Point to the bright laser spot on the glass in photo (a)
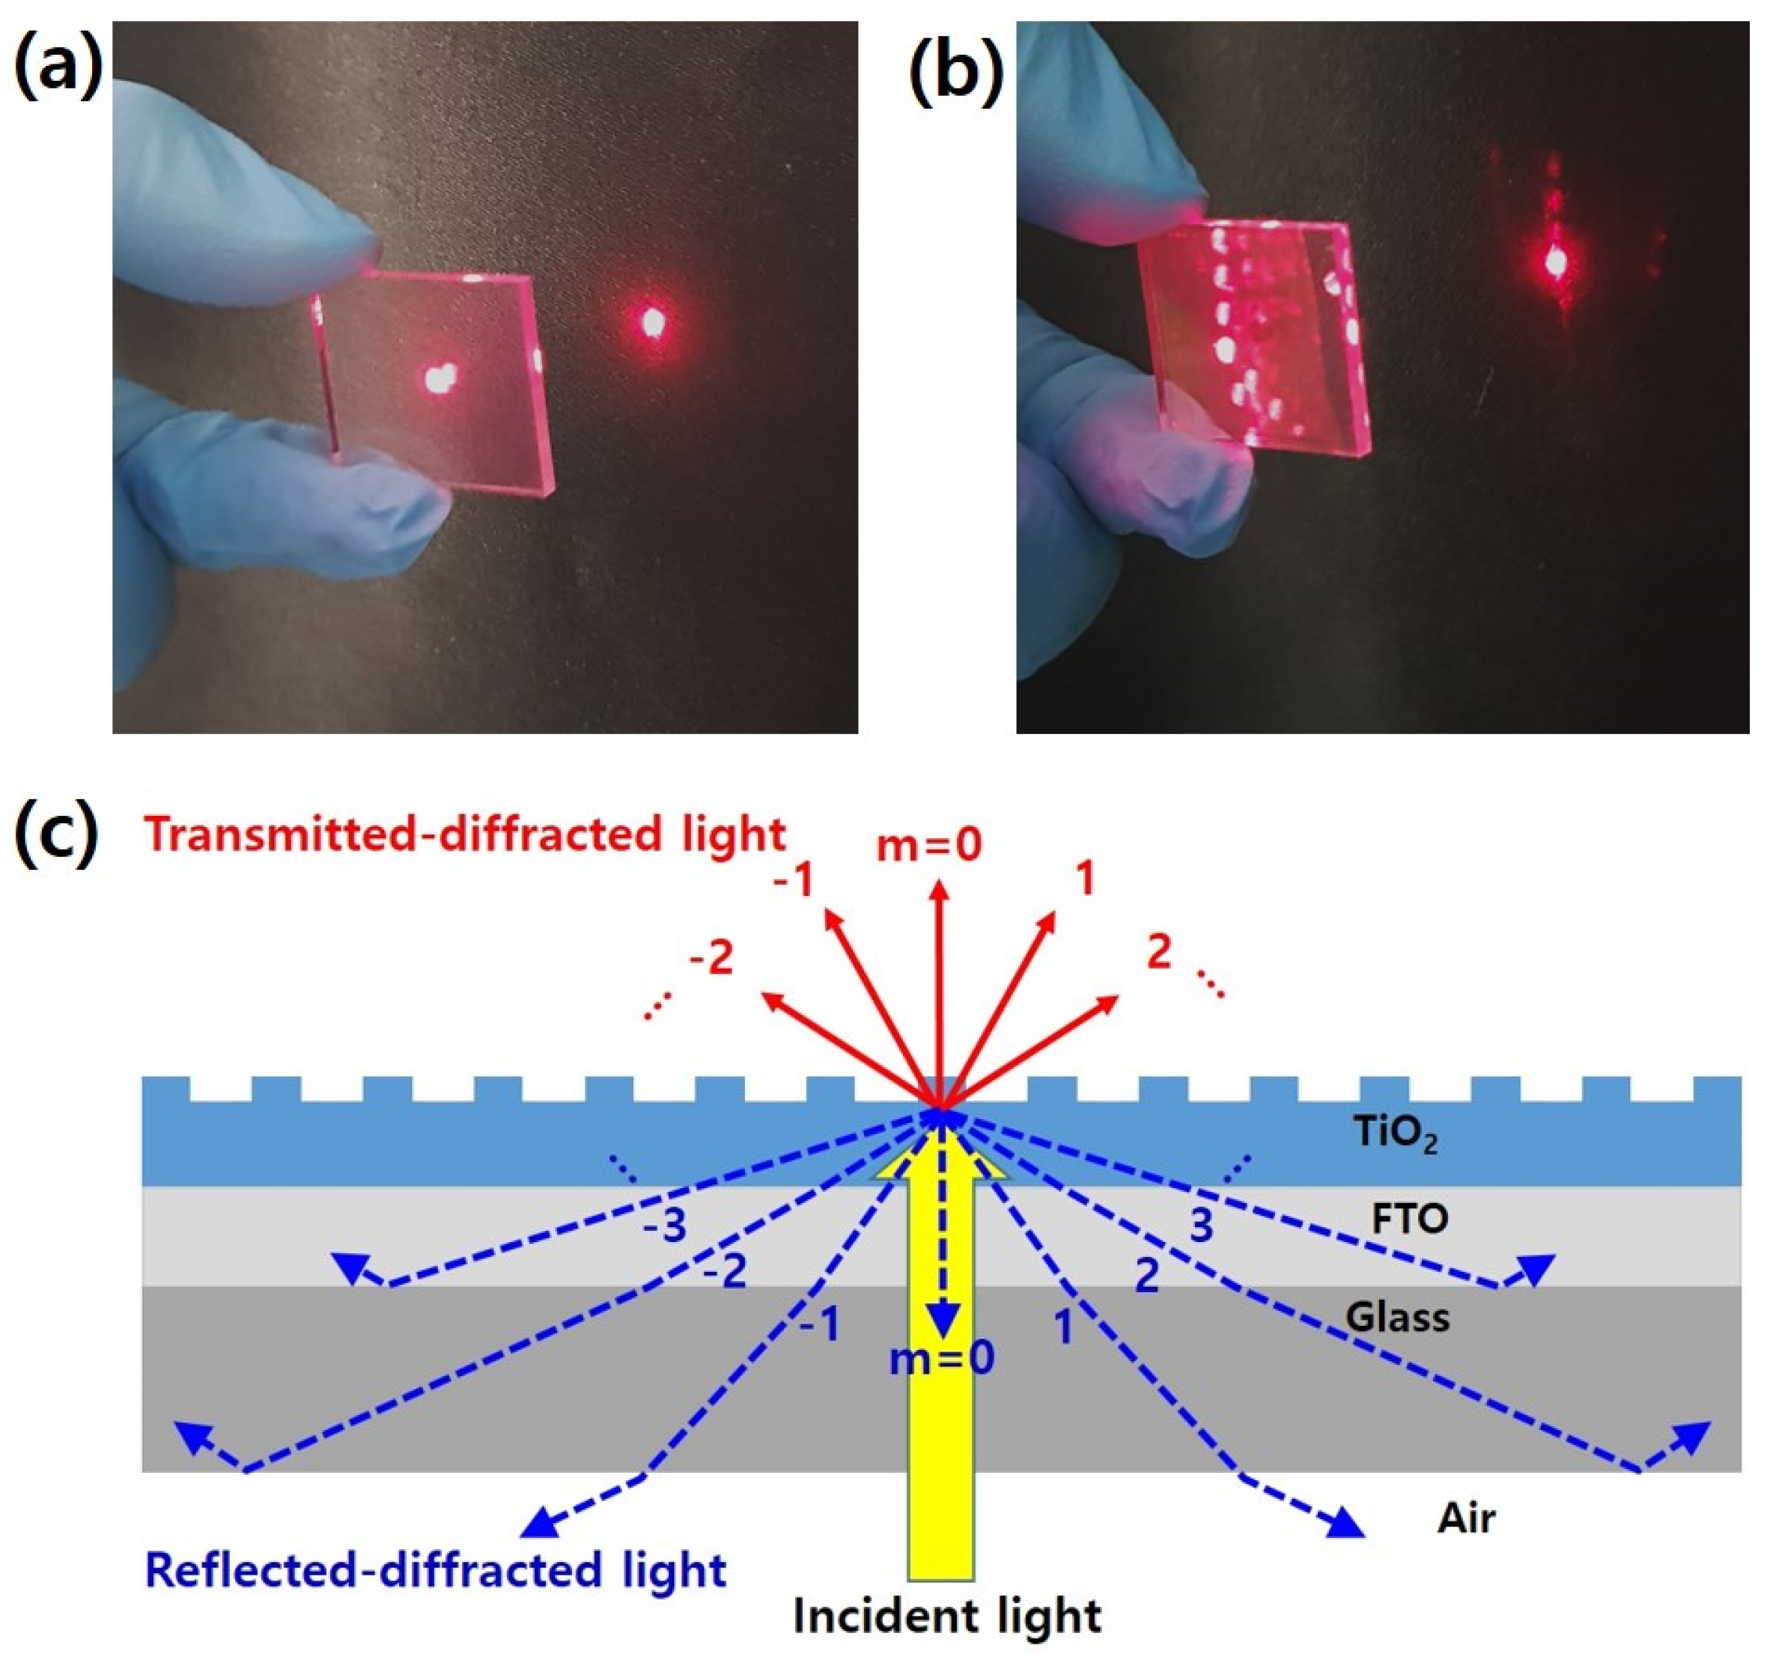click(x=438, y=381)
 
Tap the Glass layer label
click(x=1397, y=1316)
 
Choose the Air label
click(x=1465, y=1517)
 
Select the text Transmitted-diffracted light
click(x=465, y=834)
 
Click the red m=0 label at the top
click(x=928, y=844)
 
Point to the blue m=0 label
click(x=941, y=1359)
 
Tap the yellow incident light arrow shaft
click(x=941, y=1470)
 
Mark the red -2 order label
click(x=711, y=958)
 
